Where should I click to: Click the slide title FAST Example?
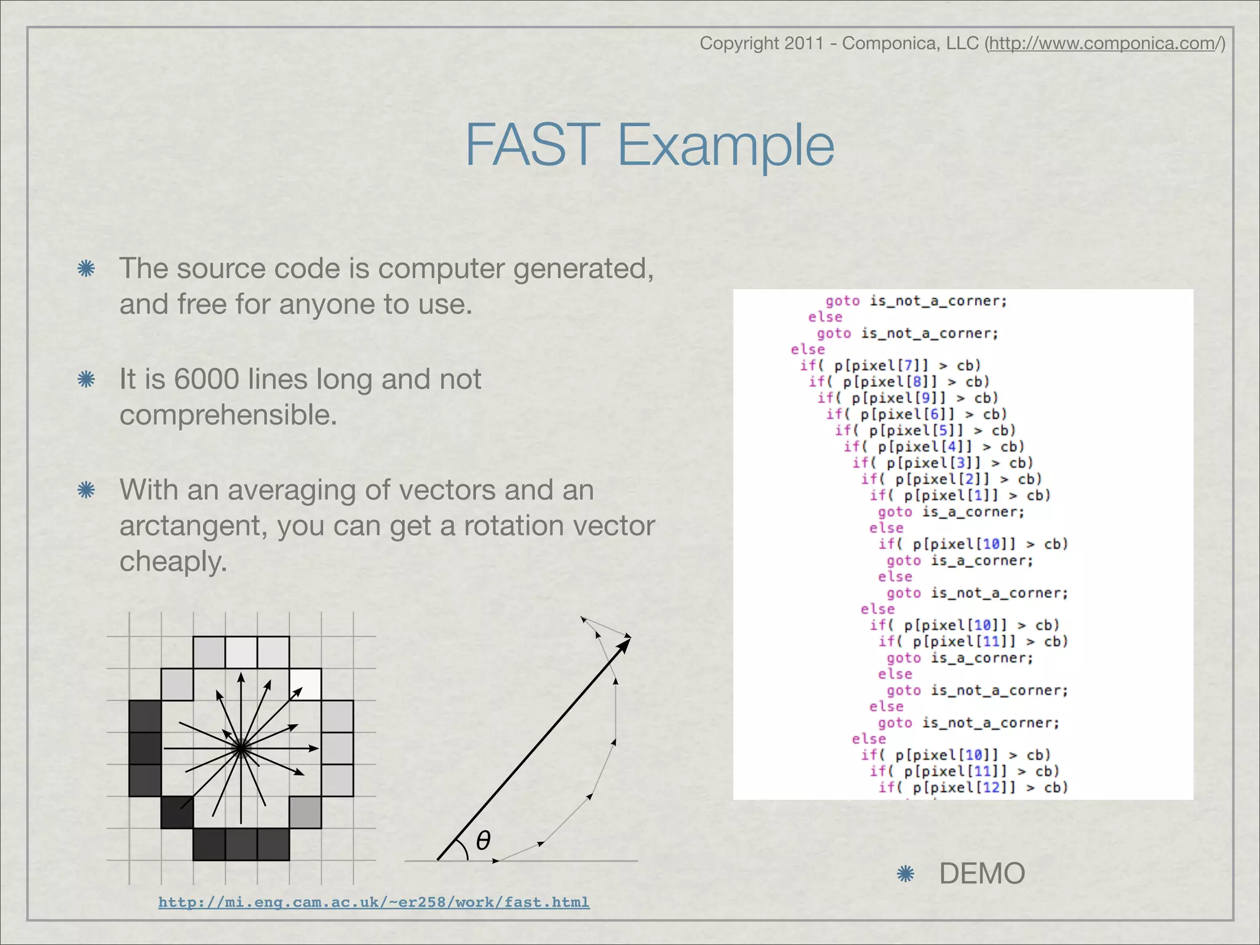649,145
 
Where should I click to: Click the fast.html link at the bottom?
373,902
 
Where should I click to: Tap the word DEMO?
982,873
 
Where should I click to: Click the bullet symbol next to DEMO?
905,874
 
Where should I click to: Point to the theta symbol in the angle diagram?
483,840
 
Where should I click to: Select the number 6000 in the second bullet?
206,379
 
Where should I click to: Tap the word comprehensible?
228,415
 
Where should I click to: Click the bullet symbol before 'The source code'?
86,269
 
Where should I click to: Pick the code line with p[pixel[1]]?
960,495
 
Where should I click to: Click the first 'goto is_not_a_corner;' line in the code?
915,301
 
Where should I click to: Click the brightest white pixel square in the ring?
305,684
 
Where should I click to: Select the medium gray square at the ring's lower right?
305,812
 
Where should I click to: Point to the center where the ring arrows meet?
241,748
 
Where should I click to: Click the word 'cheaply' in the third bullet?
173,561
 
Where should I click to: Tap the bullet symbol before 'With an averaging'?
86,490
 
